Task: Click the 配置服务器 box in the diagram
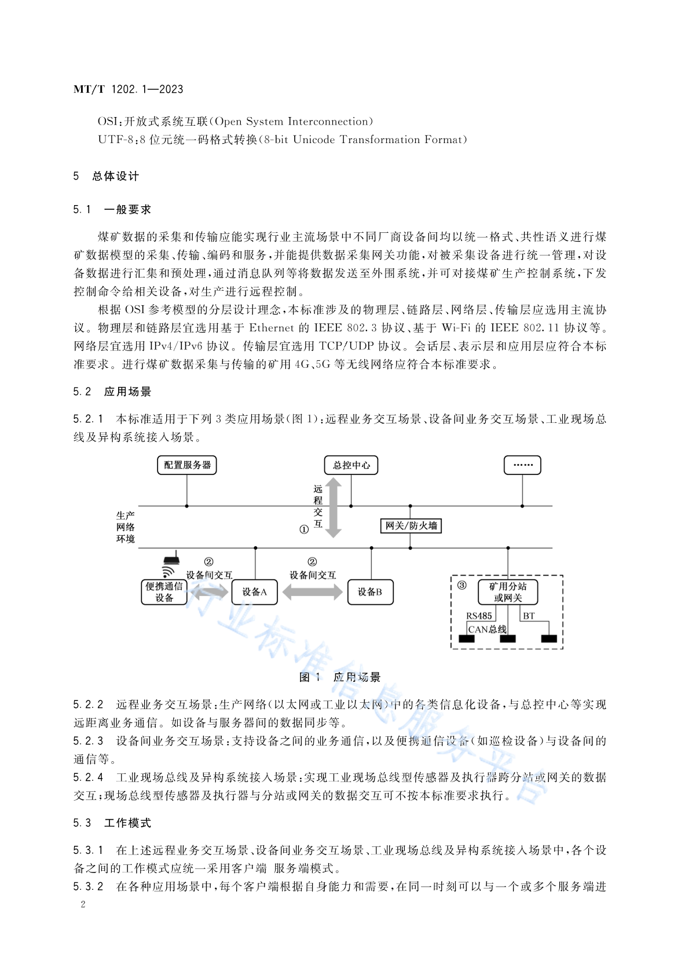[x=187, y=465]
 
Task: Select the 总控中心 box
[x=351, y=465]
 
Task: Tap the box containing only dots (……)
[x=522, y=465]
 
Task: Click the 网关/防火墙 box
[x=411, y=525]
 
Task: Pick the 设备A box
[x=255, y=592]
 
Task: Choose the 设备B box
[x=370, y=592]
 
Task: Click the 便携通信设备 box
[x=164, y=592]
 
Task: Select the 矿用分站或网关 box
[x=508, y=592]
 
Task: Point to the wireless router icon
[x=170, y=565]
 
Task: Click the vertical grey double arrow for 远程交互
[x=333, y=508]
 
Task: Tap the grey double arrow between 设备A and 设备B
[x=313, y=592]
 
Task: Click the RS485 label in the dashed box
[x=479, y=616]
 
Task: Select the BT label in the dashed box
[x=529, y=616]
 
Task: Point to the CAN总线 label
[x=487, y=629]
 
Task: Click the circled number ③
[x=462, y=585]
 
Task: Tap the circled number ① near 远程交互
[x=304, y=530]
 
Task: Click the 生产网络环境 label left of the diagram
[x=126, y=527]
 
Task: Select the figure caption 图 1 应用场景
[x=340, y=677]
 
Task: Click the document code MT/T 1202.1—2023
[x=129, y=89]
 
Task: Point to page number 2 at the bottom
[x=83, y=904]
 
